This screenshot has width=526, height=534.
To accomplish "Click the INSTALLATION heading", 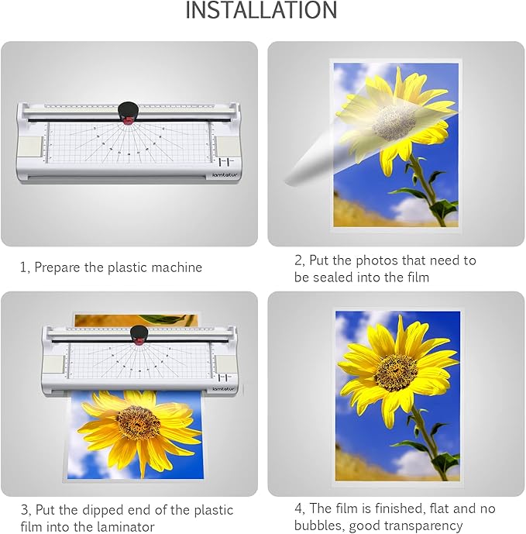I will pos(261,11).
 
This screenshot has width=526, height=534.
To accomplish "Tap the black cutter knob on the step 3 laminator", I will pos(139,335).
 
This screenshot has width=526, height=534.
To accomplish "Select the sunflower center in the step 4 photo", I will pos(396,372).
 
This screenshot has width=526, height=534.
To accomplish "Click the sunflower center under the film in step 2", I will pos(396,122).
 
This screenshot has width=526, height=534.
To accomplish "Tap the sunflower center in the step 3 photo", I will pos(138,422).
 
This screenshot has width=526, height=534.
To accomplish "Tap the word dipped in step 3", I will pos(100,509).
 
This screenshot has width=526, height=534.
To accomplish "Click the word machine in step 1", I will pos(175,267).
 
